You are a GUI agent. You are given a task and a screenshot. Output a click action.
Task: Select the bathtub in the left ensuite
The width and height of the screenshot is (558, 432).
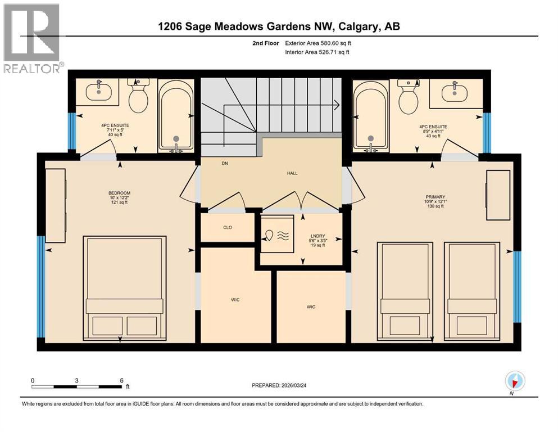(176, 116)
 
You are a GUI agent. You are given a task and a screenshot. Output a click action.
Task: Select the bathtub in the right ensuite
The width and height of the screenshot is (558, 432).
(370, 116)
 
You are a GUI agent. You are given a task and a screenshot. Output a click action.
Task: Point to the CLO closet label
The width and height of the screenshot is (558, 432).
(228, 227)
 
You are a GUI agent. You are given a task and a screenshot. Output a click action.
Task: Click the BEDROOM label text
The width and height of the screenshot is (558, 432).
(119, 193)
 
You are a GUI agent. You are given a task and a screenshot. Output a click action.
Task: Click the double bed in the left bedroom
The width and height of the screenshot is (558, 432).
(124, 287)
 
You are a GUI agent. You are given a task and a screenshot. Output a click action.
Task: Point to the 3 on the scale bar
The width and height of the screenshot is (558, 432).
(76, 380)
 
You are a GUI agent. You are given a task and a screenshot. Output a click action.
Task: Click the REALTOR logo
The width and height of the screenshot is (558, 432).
(32, 38)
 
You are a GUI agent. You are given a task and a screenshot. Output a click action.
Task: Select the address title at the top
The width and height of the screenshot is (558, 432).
(279, 26)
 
